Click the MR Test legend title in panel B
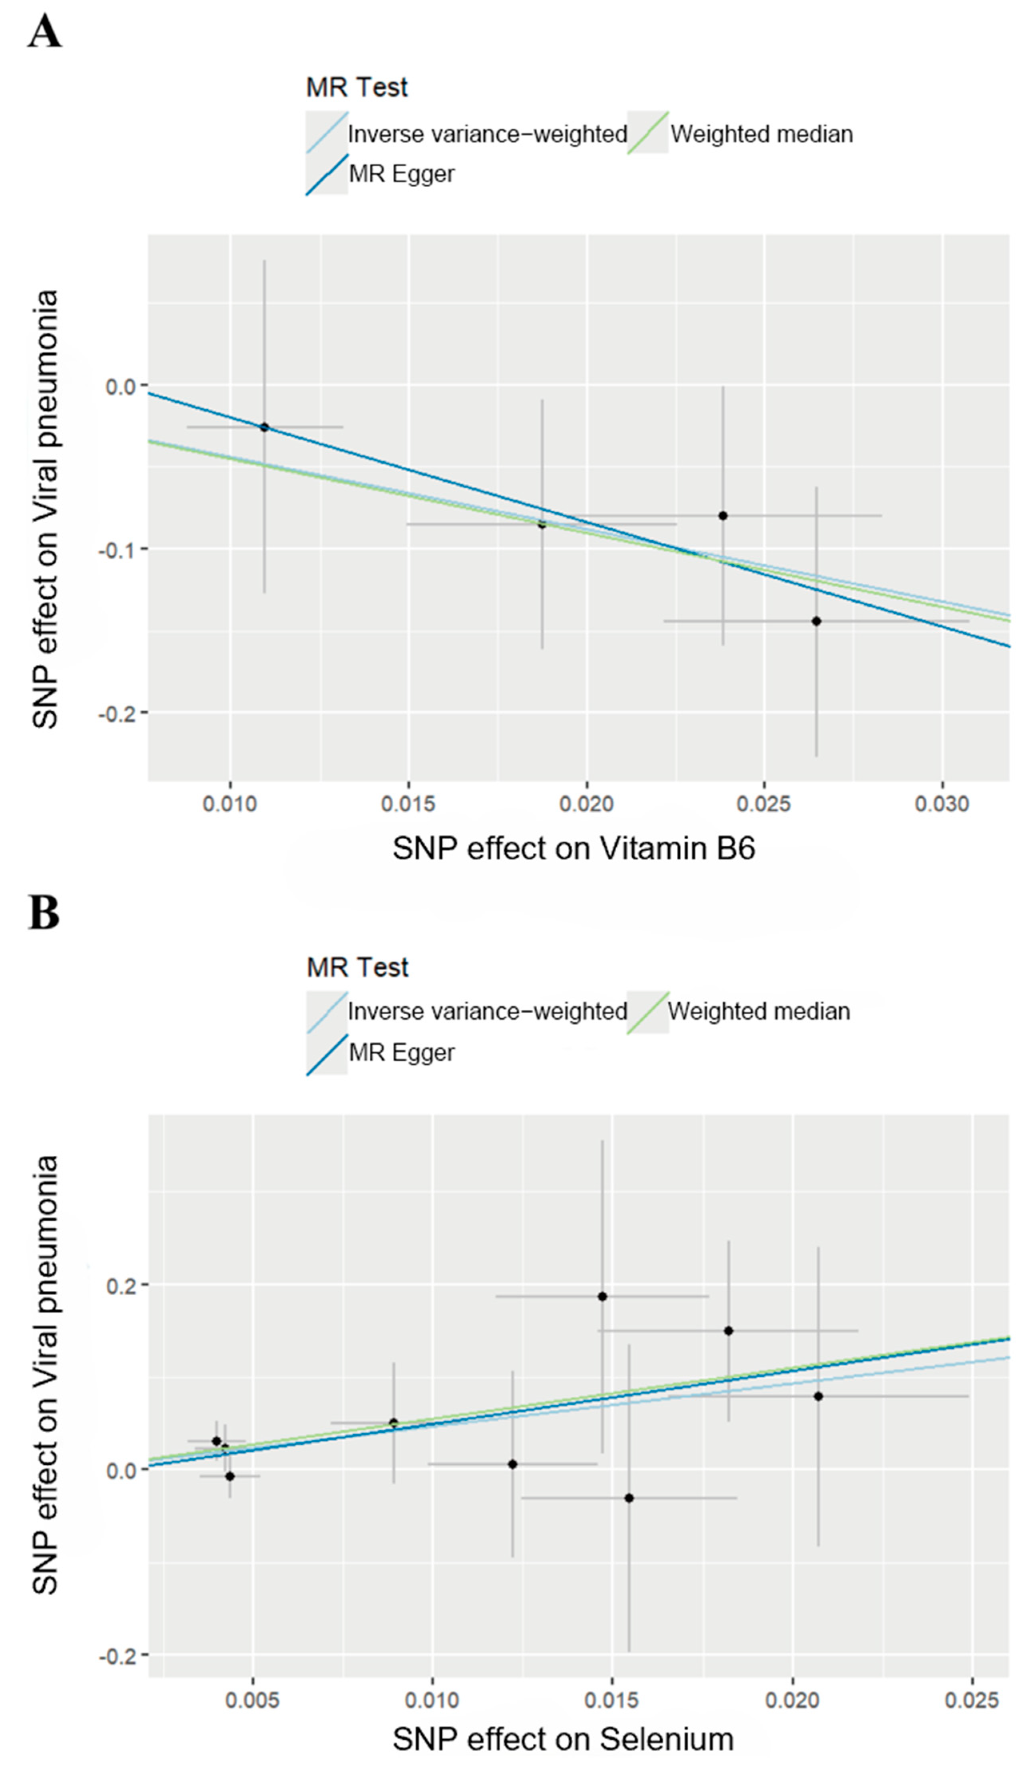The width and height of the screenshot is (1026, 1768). [357, 968]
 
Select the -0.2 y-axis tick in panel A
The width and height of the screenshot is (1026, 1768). [119, 713]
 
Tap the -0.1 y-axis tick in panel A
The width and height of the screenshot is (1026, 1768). [119, 550]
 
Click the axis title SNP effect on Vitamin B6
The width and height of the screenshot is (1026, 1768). [573, 849]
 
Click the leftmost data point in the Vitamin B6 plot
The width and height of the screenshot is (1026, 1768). [265, 426]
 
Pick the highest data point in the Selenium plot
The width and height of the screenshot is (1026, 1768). [602, 1296]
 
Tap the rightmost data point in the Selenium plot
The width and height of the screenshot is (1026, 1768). [818, 1396]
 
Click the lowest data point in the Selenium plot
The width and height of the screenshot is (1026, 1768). [629, 1498]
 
